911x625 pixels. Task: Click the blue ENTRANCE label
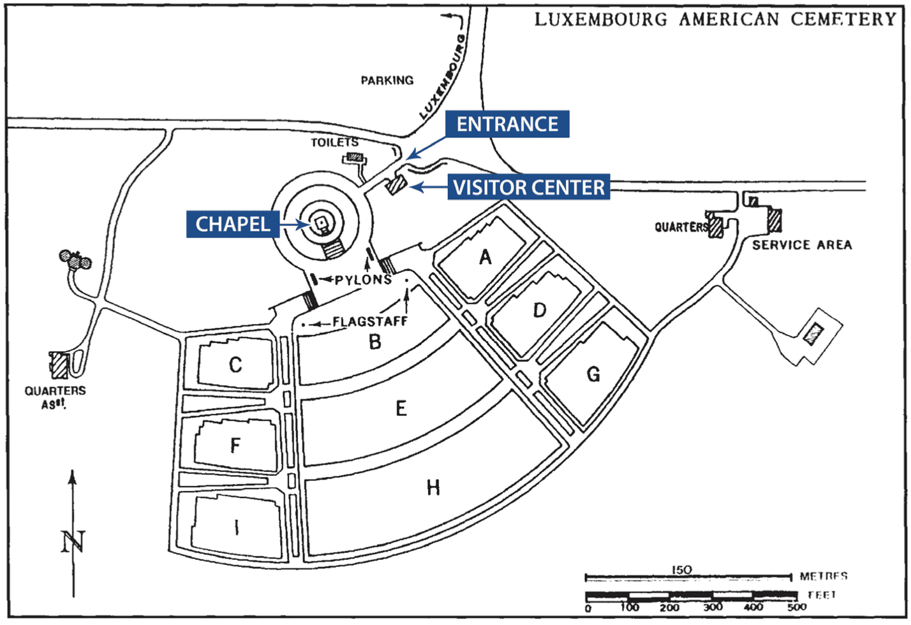(507, 124)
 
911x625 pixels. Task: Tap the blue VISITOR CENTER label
(528, 187)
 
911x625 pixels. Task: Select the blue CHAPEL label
(232, 224)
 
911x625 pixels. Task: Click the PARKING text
(387, 80)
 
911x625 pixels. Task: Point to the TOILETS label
(334, 142)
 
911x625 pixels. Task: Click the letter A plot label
(485, 257)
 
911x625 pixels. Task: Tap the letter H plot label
(433, 489)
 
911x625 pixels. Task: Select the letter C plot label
(235, 365)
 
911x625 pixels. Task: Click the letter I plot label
(237, 527)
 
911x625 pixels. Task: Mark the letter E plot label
(401, 408)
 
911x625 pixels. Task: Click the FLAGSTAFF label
(370, 322)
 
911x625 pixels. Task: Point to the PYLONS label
(363, 280)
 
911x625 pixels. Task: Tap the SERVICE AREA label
(802, 245)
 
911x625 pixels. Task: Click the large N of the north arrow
(73, 542)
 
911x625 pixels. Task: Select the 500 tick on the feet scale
(796, 608)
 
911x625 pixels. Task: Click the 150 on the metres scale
(681, 570)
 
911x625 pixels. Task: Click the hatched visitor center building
(396, 184)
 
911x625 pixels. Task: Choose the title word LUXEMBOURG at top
(600, 19)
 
